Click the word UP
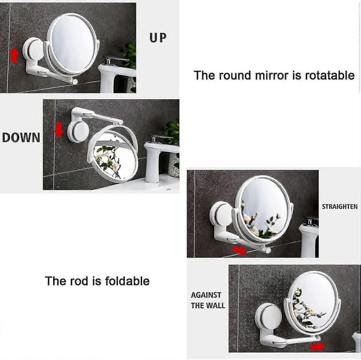158,38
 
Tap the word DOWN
21,138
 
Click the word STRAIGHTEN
339,207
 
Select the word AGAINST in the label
206,295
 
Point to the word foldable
128,281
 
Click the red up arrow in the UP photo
14,55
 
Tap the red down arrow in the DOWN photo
59,129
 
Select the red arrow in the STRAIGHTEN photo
239,250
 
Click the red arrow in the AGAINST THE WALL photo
318,346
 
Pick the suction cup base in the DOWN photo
78,132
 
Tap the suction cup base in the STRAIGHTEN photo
221,215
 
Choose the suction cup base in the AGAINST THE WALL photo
269,317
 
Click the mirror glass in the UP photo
73,43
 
